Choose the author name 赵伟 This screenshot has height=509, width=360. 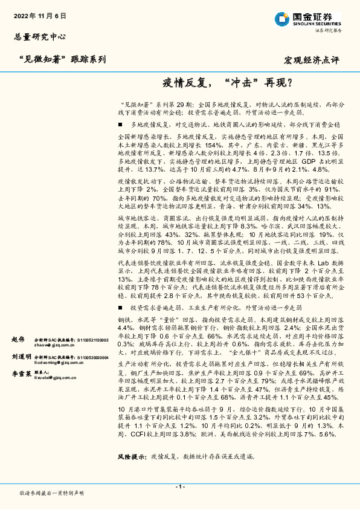point(18,340)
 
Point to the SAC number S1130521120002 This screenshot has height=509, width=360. point(88,340)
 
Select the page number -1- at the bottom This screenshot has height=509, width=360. point(179,487)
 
